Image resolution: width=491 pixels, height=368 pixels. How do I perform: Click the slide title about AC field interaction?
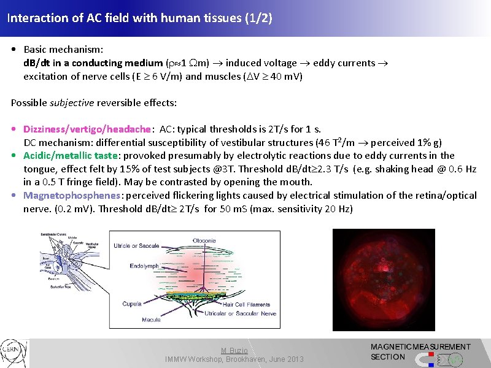tap(139, 18)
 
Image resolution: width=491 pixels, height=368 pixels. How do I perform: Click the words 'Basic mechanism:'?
tap(63, 48)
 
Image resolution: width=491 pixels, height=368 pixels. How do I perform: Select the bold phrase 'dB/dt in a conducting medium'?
tap(93, 63)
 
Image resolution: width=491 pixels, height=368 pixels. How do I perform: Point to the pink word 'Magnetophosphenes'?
tap(72, 195)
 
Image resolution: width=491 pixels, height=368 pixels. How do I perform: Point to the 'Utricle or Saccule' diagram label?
tap(137, 246)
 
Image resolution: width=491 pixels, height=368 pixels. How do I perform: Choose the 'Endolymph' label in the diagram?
tap(144, 266)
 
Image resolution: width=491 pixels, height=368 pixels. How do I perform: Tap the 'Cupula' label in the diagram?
tap(132, 304)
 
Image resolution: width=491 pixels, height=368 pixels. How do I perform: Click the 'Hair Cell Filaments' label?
tap(246, 304)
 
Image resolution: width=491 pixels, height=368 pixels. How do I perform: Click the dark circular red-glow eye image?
tap(384, 279)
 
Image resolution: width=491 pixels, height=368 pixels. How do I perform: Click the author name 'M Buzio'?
tap(234, 350)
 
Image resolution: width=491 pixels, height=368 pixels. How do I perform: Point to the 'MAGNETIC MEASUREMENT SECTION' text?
tap(420, 351)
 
